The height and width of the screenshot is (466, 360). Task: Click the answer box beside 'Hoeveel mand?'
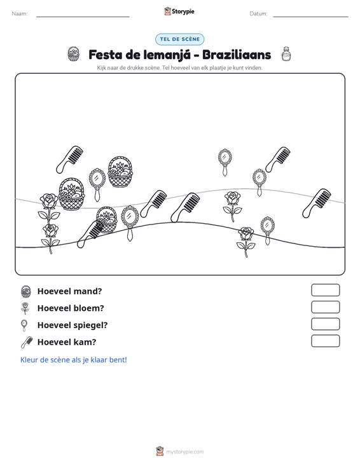coord(325,290)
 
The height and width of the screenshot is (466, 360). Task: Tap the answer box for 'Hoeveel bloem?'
coord(325,307)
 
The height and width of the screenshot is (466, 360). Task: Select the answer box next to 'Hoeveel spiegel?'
coord(325,324)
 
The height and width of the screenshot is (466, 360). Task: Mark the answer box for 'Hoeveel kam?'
coord(325,341)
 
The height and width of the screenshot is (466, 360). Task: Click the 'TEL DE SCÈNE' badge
coord(179,39)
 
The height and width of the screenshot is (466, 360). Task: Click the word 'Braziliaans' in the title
coord(237,55)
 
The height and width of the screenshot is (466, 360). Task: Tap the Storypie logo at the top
coord(179,11)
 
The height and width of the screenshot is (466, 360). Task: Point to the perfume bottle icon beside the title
coord(286,54)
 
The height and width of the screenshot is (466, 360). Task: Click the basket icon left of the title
coord(73,54)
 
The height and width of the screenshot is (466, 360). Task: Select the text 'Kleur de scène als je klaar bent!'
coord(73,360)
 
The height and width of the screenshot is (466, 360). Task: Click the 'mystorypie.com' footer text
coord(184,452)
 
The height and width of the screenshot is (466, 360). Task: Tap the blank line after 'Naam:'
coord(83,17)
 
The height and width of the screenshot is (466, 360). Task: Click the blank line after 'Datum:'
coord(310,17)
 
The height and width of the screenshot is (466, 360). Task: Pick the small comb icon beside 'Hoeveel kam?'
coord(27,342)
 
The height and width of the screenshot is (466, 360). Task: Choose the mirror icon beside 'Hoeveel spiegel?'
coord(24,325)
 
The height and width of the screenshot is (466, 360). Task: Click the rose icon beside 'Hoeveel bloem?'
coord(25,308)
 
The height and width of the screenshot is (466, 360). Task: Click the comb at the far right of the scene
coord(316,203)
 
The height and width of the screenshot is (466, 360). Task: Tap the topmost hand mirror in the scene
coord(225,162)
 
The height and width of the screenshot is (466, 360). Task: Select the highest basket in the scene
coord(120,172)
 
